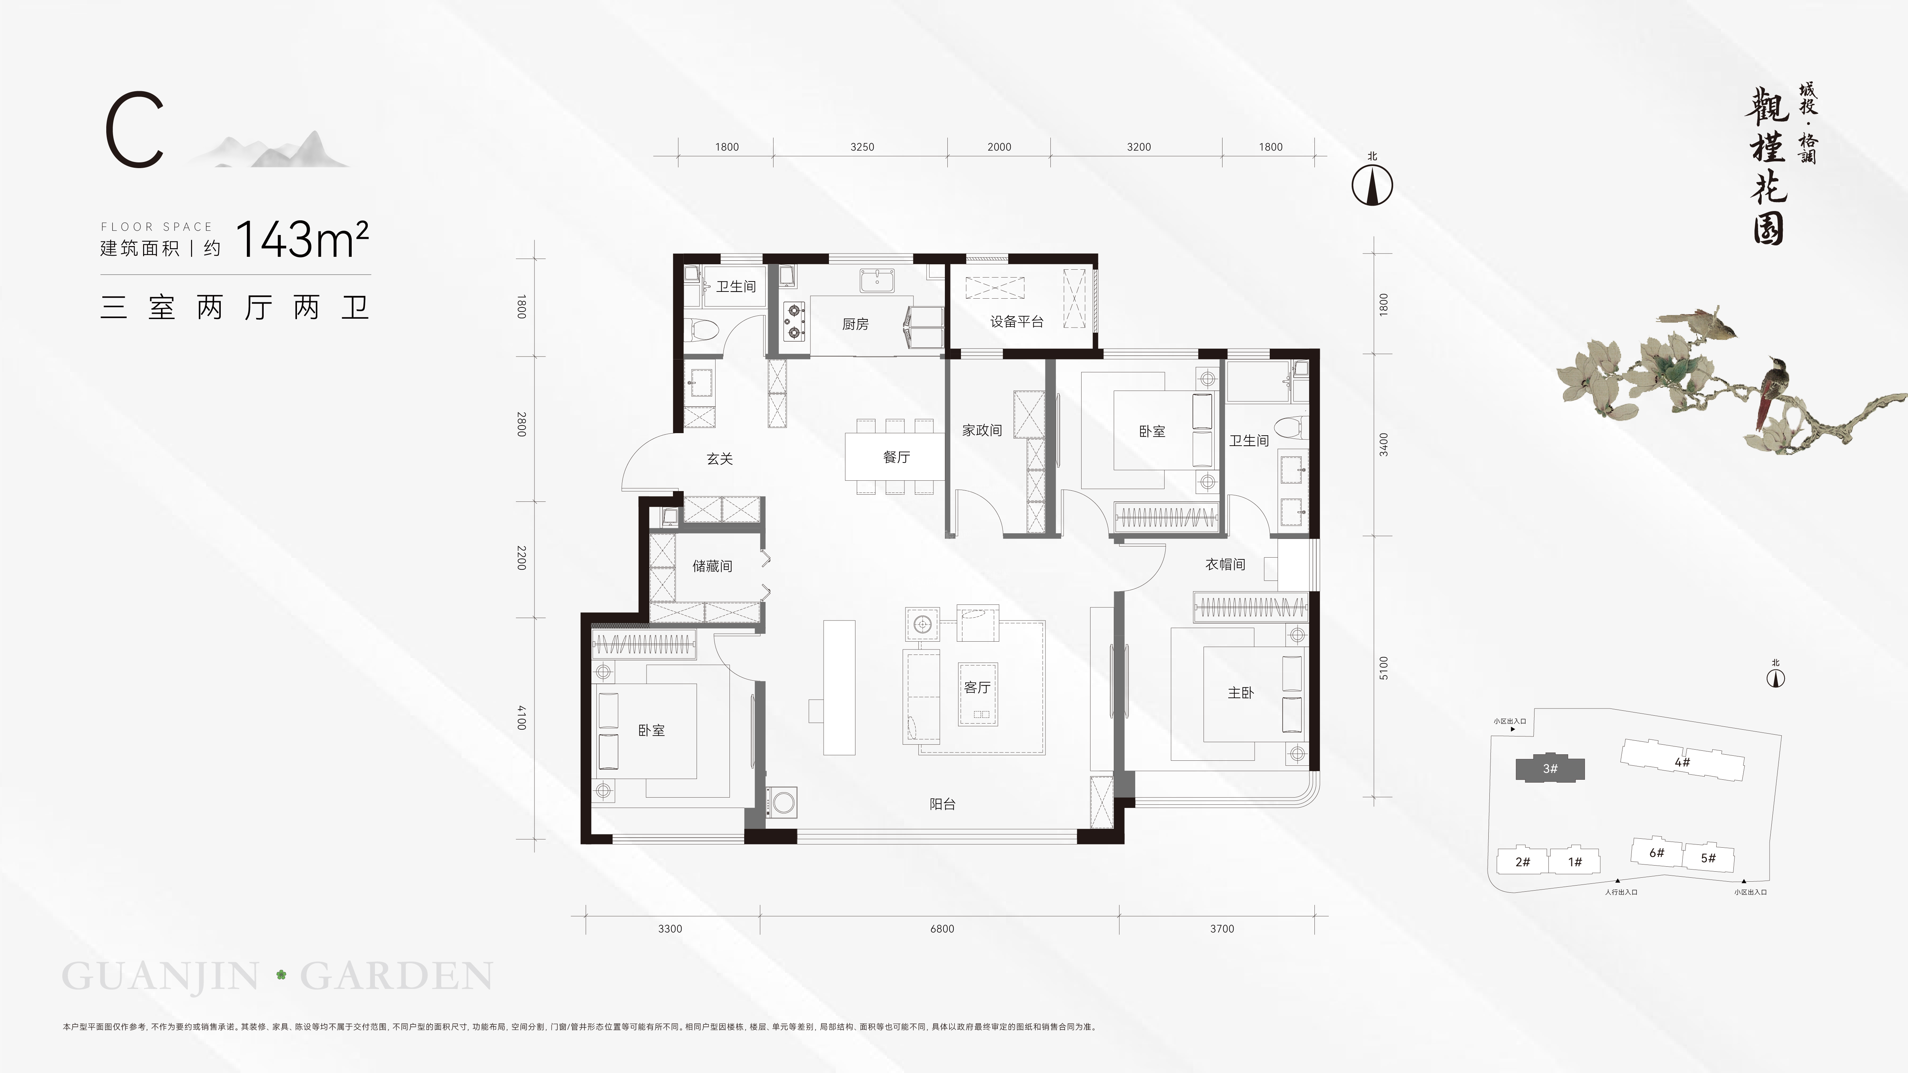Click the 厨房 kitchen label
click(x=855, y=324)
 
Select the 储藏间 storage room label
click(x=712, y=566)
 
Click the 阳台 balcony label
click(x=942, y=804)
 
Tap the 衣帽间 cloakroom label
click(x=1225, y=564)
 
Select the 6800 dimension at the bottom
click(x=942, y=929)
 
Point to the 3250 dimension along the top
click(x=862, y=147)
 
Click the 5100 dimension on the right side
click(x=1384, y=668)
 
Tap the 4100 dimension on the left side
click(x=521, y=717)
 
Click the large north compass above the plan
click(x=1372, y=185)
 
